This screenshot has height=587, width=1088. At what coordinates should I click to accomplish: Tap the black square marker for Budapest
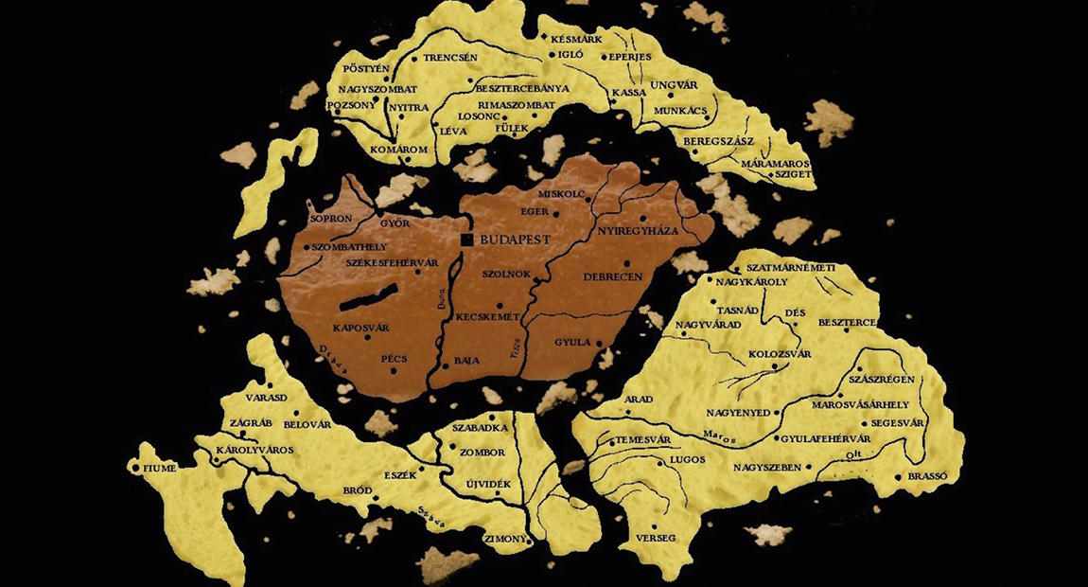point(466,240)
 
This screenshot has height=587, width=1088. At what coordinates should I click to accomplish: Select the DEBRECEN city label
point(614,276)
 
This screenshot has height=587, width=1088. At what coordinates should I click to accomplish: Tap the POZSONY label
point(351,106)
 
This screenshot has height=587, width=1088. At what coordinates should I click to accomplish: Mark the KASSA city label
point(629,93)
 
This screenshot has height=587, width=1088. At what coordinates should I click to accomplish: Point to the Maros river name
point(720,436)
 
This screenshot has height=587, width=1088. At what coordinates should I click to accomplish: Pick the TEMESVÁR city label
point(643,441)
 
